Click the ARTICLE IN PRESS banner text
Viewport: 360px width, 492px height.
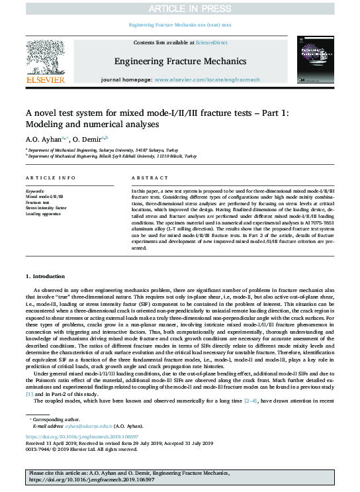[x=179, y=8]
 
